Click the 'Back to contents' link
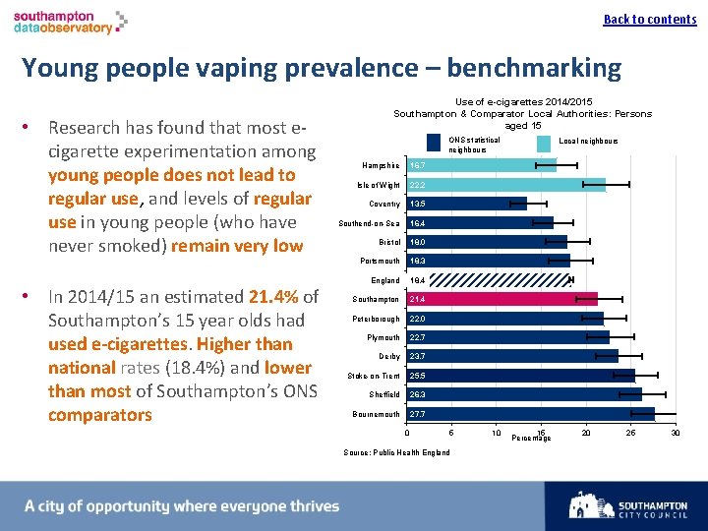pyautogui.click(x=649, y=20)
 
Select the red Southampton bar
pyautogui.click(x=501, y=299)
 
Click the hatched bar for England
pyautogui.click(x=489, y=280)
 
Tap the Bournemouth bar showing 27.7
pyautogui.click(x=530, y=414)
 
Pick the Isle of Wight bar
pyautogui.click(x=505, y=185)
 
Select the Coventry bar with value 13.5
pyautogui.click(x=466, y=204)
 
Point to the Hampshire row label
pyautogui.click(x=383, y=166)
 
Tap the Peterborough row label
pyautogui.click(x=376, y=319)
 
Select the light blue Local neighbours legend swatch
pyautogui.click(x=544, y=144)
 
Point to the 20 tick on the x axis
pyautogui.click(x=586, y=433)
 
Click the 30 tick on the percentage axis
pyautogui.click(x=675, y=433)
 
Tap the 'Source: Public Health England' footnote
pyautogui.click(x=397, y=452)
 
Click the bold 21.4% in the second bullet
pyautogui.click(x=273, y=297)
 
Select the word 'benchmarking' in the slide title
pyautogui.click(x=528, y=68)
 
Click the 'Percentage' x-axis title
pyautogui.click(x=532, y=438)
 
